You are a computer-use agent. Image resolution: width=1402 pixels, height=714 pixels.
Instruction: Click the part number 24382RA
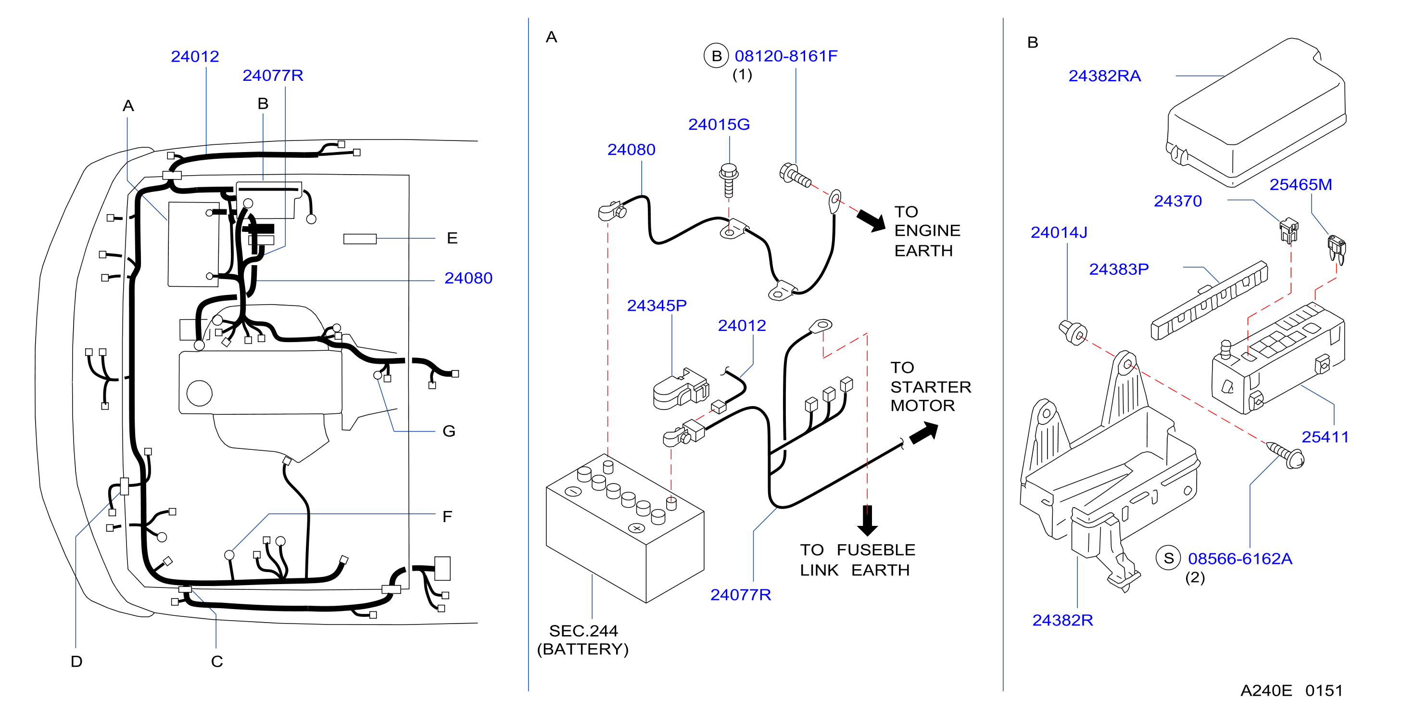pyautogui.click(x=1104, y=76)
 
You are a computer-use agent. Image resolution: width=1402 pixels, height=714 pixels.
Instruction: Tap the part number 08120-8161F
pyautogui.click(x=786, y=56)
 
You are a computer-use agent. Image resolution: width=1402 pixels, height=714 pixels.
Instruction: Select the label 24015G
pyautogui.click(x=719, y=125)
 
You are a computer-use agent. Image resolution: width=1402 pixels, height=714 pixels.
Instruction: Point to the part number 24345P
pyautogui.click(x=657, y=306)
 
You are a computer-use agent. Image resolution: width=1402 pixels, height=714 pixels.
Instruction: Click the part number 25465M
pyautogui.click(x=1301, y=185)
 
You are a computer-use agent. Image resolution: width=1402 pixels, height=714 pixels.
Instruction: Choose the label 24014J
pyautogui.click(x=1059, y=232)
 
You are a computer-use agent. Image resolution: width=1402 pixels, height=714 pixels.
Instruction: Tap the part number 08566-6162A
pyautogui.click(x=1240, y=559)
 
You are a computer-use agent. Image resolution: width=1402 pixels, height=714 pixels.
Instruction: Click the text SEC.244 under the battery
pyautogui.click(x=583, y=631)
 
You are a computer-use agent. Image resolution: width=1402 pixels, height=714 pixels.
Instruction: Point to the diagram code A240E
pyautogui.click(x=1266, y=690)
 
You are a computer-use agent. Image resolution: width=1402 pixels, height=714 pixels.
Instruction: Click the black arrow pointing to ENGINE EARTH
pyautogui.click(x=872, y=220)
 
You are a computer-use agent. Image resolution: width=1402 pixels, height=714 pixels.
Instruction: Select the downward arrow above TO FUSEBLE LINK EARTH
pyautogui.click(x=867, y=521)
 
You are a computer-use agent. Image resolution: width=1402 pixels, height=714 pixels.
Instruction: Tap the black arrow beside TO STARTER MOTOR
pyautogui.click(x=924, y=433)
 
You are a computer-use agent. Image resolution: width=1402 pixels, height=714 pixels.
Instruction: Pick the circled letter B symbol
pyautogui.click(x=716, y=55)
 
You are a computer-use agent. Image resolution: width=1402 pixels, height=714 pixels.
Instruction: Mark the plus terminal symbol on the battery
pyautogui.click(x=636, y=528)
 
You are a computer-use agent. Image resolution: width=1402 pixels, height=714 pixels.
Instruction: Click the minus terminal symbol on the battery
pyautogui.click(x=573, y=491)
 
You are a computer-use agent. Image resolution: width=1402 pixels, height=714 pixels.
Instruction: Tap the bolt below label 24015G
pyautogui.click(x=729, y=180)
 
